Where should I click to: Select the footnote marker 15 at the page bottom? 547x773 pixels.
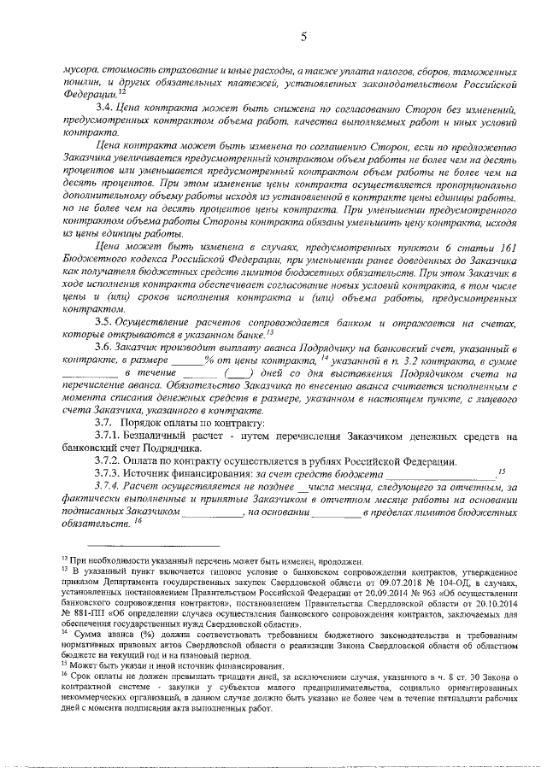coord(64,663)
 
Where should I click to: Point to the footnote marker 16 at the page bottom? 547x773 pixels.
coord(64,675)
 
